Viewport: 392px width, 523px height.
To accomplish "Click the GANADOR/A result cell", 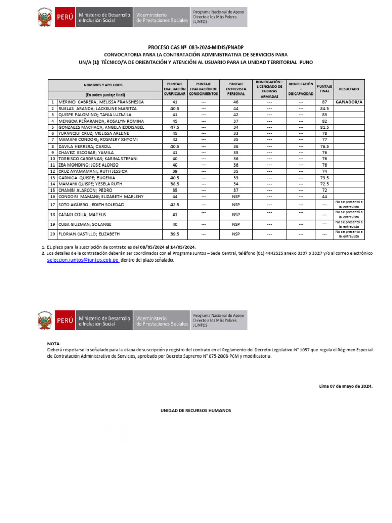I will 349,102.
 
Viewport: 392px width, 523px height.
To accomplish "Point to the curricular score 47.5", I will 175,127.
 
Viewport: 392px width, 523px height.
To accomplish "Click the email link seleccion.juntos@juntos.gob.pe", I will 83,260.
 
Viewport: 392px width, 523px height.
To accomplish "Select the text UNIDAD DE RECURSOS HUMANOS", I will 196,410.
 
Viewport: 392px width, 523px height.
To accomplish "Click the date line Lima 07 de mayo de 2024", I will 346,386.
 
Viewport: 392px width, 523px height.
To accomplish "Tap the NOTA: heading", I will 54,344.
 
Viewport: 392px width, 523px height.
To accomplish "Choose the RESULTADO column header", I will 349,89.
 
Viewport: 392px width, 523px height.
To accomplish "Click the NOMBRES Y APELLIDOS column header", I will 104,85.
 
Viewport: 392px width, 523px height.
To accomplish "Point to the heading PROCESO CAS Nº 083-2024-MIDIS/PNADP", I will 196,47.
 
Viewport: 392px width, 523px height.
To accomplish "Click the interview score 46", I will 236,102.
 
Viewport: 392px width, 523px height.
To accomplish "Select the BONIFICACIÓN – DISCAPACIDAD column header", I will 301,88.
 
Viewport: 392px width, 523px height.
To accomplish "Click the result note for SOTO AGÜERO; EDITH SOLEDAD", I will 349,205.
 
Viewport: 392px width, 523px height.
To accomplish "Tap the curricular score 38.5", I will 175,184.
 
